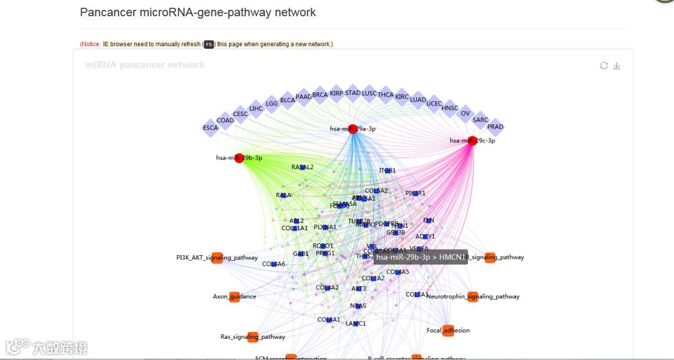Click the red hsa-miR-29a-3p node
click(x=353, y=129)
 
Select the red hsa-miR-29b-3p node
click(x=239, y=158)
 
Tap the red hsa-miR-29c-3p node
click(x=472, y=141)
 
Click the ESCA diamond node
click(x=211, y=127)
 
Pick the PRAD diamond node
click(x=495, y=127)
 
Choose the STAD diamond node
click(x=353, y=93)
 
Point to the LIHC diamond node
click(x=256, y=109)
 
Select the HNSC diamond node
click(x=449, y=108)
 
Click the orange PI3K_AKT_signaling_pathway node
click(x=217, y=258)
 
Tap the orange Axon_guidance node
click(x=235, y=296)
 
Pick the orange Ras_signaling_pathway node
click(x=253, y=337)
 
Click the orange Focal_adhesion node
click(x=448, y=331)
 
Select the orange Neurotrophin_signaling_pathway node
click(x=472, y=296)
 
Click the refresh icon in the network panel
click(x=603, y=66)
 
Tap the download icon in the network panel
click(x=617, y=66)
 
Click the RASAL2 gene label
click(x=303, y=167)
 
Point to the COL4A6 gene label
click(x=273, y=264)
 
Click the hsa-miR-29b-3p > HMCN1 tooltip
click(x=421, y=257)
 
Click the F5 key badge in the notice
click(x=208, y=44)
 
